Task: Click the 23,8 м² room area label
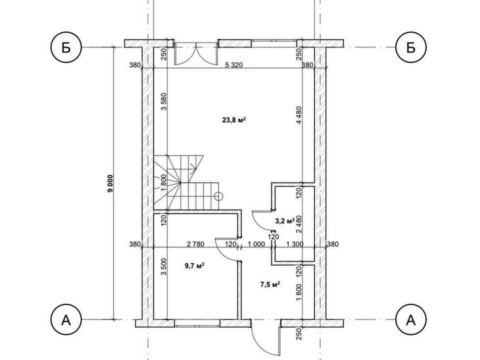pos(234,119)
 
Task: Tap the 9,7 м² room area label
pos(194,265)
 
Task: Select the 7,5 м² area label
pos(270,284)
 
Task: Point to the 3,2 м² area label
pos(284,221)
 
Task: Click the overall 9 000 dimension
pos(110,183)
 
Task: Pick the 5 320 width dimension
pos(234,65)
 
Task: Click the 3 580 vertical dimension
pos(164,101)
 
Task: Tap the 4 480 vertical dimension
pos(299,115)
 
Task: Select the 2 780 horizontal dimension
pos(195,244)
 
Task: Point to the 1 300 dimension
pos(294,244)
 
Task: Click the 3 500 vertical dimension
pos(164,266)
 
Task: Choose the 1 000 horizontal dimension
pos(256,244)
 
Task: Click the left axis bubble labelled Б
pos(66,47)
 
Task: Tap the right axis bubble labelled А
pos(411,320)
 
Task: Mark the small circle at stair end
pos(218,196)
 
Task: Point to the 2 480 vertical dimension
pos(299,224)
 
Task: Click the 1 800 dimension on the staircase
pos(164,182)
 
